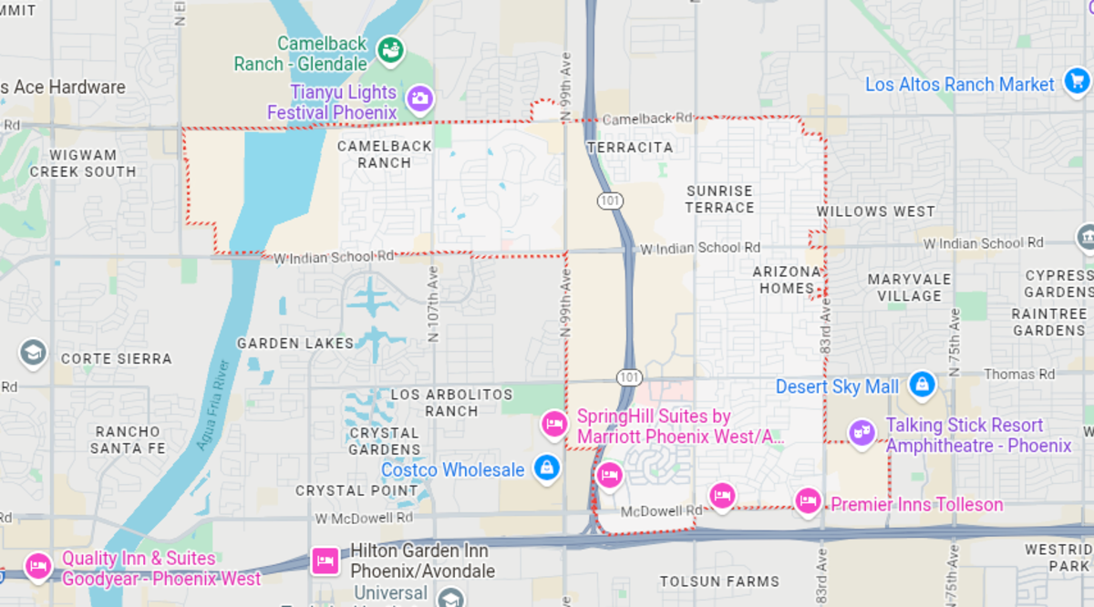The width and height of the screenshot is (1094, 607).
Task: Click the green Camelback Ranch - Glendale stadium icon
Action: pos(391,48)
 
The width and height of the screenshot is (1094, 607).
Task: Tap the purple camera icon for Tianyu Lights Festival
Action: pos(419,98)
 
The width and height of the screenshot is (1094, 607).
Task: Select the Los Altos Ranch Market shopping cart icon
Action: pos(1075,84)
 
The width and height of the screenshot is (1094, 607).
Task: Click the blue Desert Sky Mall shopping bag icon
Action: pos(922,384)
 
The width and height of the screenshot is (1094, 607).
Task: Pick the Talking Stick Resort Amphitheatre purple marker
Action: pos(861,433)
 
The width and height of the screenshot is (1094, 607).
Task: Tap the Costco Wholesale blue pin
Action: pos(546,468)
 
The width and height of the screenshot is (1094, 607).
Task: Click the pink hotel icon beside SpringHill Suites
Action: pos(553,424)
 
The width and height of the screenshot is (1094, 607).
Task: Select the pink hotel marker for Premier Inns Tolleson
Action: pos(807,500)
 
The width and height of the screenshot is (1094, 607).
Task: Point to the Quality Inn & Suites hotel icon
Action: pos(37,566)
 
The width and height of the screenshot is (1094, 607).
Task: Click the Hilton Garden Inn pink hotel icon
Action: pos(325,560)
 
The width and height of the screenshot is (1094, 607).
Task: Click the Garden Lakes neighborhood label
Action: pos(295,344)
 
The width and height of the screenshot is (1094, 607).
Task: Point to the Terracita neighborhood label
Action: pos(630,148)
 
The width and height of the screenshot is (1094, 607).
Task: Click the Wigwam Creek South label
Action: pos(82,163)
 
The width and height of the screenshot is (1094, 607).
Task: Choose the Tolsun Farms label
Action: pos(719,581)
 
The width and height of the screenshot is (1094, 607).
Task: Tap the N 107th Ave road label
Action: pos(434,309)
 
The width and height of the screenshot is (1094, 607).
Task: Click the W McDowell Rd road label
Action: pos(363,518)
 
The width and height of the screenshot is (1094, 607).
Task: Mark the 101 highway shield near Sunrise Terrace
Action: pos(608,200)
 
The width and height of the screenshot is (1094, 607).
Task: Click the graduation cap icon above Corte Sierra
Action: pos(33,353)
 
